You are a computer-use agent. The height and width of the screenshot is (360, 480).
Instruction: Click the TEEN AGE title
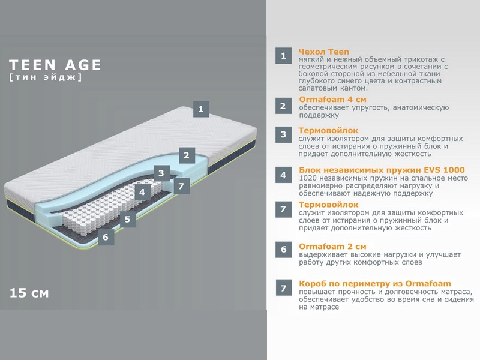(55, 65)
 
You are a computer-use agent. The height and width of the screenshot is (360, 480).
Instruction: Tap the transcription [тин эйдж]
(46, 77)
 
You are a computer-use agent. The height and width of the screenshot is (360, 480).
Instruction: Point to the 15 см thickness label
(29, 293)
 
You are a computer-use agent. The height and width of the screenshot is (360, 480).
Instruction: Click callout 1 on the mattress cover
(201, 109)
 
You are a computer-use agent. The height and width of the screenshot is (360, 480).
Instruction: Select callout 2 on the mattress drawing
(187, 155)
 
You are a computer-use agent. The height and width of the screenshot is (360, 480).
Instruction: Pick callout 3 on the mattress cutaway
(161, 173)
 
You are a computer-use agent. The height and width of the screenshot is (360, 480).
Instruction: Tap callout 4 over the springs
(142, 192)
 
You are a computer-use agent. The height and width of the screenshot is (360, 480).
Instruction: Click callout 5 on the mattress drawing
(128, 219)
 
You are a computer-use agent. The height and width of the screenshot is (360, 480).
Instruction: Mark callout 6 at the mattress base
(106, 237)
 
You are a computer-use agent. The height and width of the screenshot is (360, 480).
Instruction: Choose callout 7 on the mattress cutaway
(181, 186)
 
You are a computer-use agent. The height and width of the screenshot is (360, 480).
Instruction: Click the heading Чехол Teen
(324, 52)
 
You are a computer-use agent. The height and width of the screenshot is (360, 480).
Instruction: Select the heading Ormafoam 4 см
(333, 100)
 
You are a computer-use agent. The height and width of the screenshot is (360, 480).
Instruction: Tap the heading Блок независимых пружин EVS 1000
(382, 170)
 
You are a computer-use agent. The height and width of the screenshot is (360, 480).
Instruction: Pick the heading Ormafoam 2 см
(333, 247)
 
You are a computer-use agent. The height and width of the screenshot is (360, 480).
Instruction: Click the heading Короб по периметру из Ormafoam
(375, 283)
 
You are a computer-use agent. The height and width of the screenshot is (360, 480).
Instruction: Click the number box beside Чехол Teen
(283, 56)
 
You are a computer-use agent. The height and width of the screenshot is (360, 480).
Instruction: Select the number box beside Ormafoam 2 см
(283, 250)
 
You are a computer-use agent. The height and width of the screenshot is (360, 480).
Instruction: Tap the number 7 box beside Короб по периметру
(283, 287)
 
